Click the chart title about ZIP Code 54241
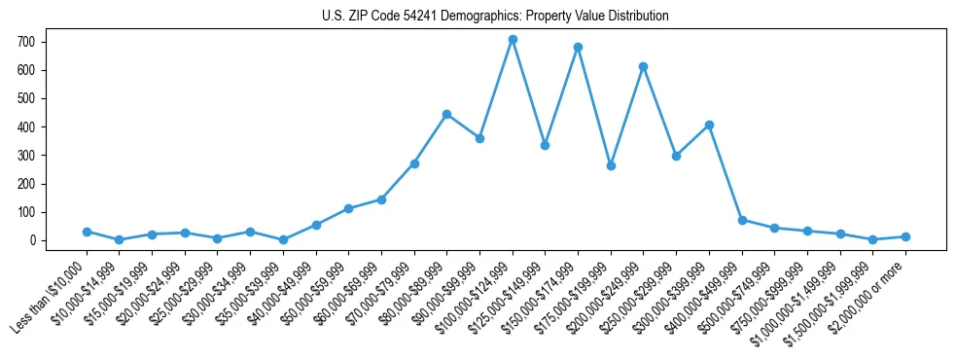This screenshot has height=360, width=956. coord(495,16)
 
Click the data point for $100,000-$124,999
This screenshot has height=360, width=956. coord(513,40)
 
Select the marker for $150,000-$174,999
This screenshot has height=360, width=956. coord(578,47)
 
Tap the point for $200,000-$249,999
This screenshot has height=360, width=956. coord(644,66)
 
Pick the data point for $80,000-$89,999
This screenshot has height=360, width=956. coord(446,114)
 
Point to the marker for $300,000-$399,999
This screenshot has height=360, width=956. coord(709,125)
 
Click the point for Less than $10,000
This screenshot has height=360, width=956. coord(87,232)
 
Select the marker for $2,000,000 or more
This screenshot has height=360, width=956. coord(905,236)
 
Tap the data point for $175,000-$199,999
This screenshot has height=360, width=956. coord(611,165)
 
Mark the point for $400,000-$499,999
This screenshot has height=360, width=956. coord(742,220)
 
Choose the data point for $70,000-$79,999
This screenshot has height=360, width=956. coord(414,163)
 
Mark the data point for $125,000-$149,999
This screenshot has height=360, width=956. coord(545,145)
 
